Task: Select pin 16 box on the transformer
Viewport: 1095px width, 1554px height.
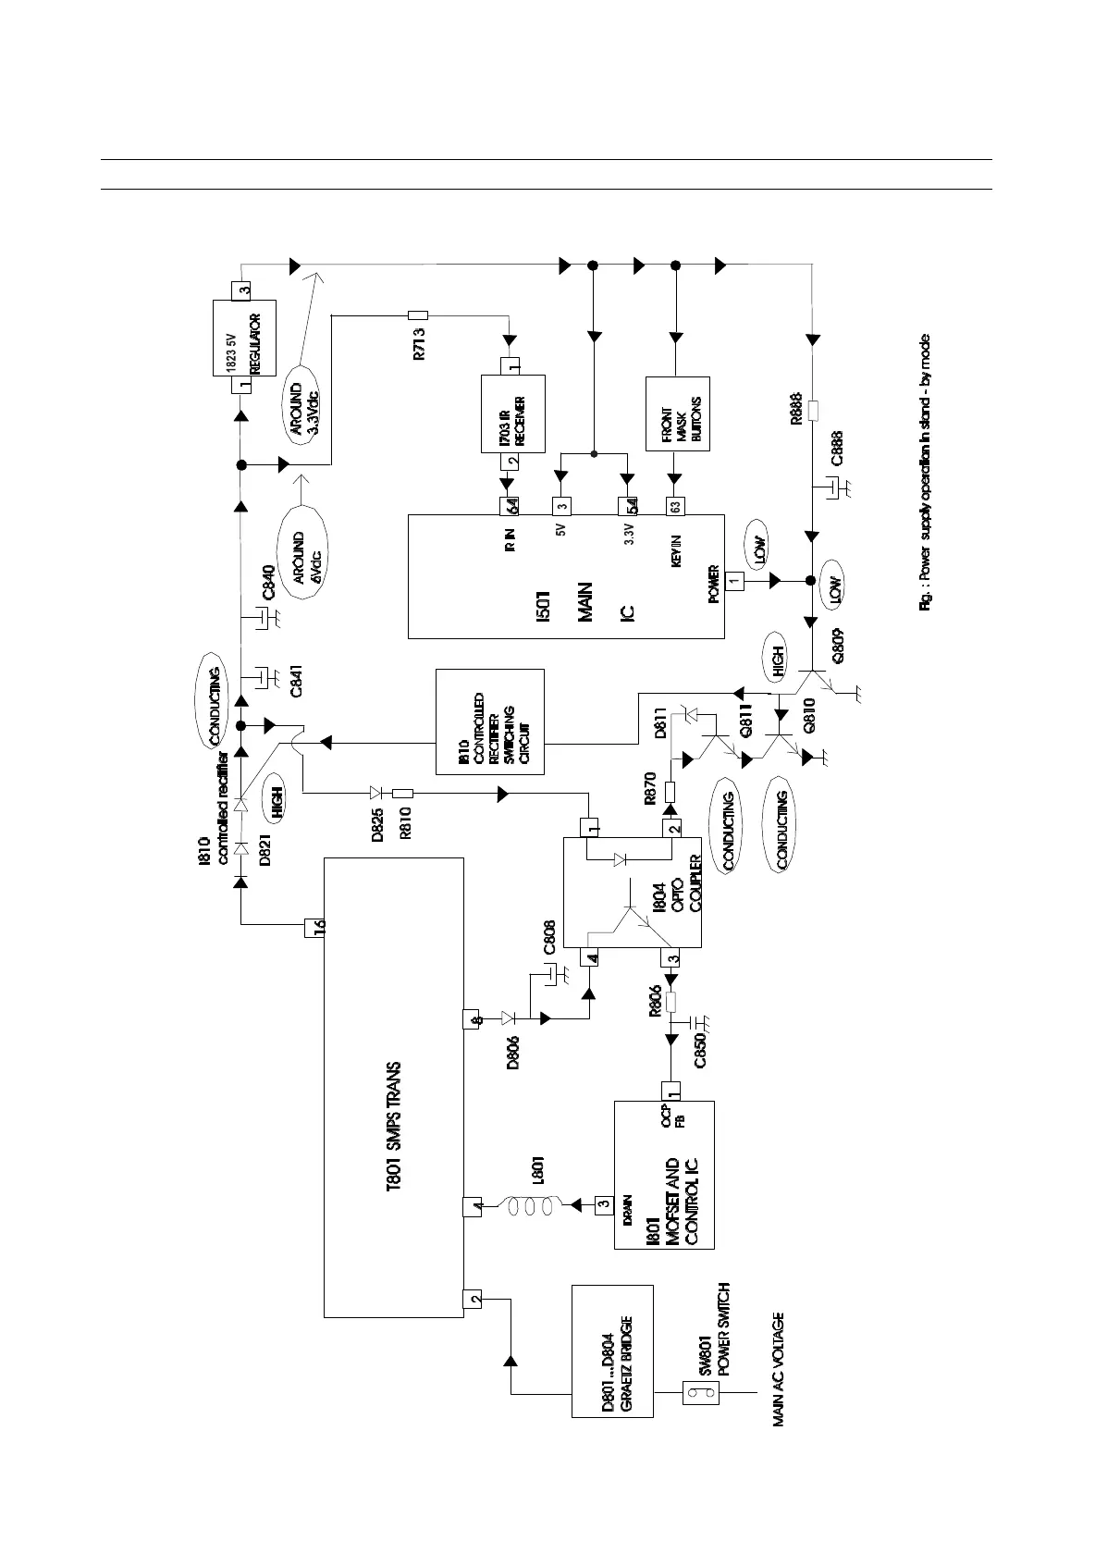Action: (315, 927)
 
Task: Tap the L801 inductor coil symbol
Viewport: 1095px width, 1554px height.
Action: (525, 1204)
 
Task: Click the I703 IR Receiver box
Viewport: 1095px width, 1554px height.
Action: (512, 413)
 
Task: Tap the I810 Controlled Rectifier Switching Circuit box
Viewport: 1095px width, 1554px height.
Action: (489, 721)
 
